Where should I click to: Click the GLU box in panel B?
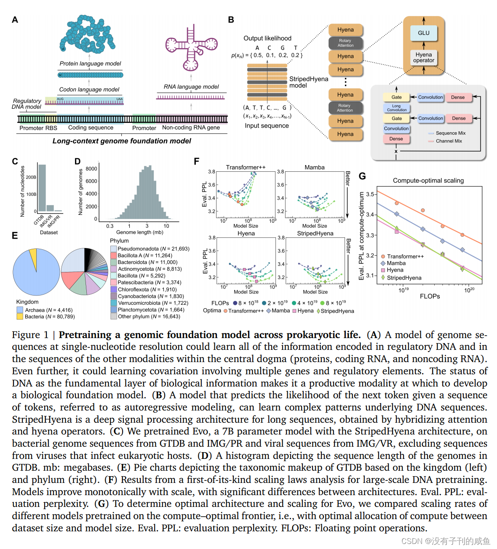click(423, 33)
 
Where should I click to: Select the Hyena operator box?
click(423, 58)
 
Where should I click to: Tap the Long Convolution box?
click(396, 108)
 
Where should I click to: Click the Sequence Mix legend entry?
click(450, 133)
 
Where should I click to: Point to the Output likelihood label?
click(267, 38)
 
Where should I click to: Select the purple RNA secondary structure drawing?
click(191, 47)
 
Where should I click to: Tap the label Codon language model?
click(89, 90)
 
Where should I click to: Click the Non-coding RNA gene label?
click(191, 128)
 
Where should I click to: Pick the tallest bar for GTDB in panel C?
click(42, 188)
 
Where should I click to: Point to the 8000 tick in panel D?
click(91, 169)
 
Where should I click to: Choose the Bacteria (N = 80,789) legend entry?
click(49, 317)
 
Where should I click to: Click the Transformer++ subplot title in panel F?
click(246, 168)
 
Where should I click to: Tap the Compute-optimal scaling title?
click(428, 181)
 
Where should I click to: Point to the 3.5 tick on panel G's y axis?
click(370, 195)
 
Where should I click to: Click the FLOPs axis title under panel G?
click(430, 296)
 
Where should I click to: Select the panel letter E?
click(15, 236)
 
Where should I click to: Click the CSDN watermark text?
click(445, 541)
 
